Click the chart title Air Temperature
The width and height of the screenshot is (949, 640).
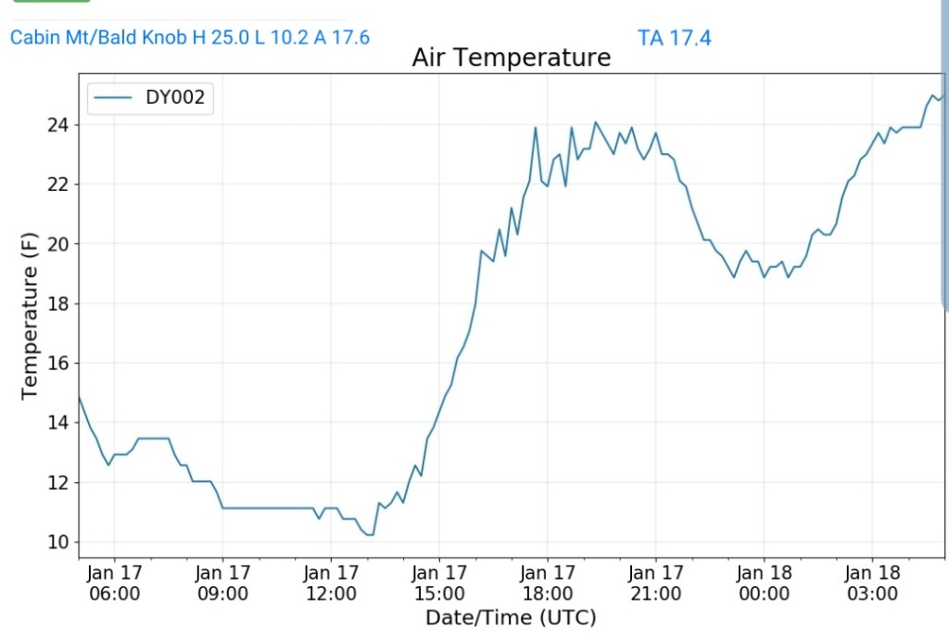[511, 58]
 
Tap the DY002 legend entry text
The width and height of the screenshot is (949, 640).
[174, 98]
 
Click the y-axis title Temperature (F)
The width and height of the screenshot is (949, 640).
[30, 316]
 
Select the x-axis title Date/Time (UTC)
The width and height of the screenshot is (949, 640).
[511, 618]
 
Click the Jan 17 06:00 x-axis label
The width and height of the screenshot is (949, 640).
[114, 582]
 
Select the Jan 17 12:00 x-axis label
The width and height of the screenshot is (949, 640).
[331, 582]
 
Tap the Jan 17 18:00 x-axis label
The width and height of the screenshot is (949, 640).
[548, 582]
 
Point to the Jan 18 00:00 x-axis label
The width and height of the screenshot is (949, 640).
[765, 582]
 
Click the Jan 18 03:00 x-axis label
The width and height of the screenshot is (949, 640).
[873, 582]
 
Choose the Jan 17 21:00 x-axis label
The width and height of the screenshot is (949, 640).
[656, 582]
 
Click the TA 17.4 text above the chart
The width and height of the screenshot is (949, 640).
[675, 38]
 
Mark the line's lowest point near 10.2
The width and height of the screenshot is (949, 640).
[370, 535]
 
